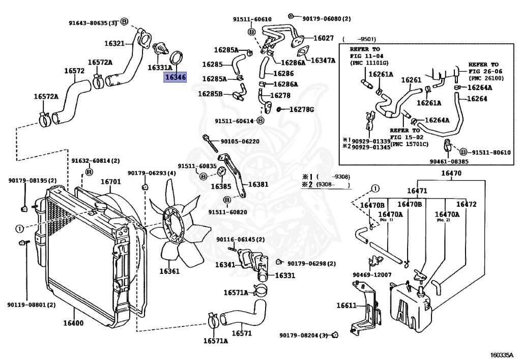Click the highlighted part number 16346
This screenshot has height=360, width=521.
click(x=175, y=78)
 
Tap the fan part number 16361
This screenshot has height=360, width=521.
click(x=169, y=271)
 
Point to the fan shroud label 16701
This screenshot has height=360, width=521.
click(x=110, y=182)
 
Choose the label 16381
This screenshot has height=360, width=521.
click(x=258, y=185)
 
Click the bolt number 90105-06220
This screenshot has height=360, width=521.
click(x=240, y=142)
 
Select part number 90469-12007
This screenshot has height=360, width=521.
click(x=372, y=275)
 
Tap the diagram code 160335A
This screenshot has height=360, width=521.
click(x=503, y=354)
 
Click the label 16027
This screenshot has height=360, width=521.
click(x=323, y=38)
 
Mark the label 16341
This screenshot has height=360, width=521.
click(x=224, y=265)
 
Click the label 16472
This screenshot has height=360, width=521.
click(x=466, y=204)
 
